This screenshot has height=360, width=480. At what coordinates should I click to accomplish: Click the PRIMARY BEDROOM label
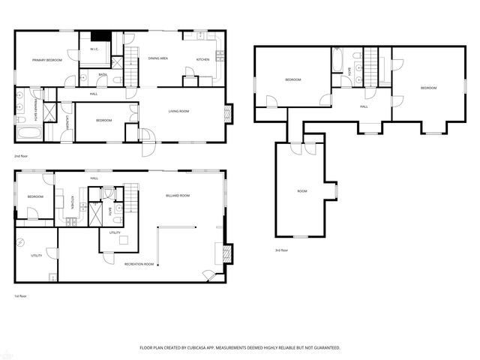[x=46, y=59]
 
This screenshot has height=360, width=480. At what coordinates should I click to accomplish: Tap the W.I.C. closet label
[x=94, y=49]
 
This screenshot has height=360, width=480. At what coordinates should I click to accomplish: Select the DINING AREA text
[x=157, y=58]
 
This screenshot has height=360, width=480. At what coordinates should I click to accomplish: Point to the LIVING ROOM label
[x=178, y=111]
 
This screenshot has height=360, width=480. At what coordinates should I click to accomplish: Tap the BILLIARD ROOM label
[x=178, y=195]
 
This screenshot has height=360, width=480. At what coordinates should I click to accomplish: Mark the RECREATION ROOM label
[x=139, y=264]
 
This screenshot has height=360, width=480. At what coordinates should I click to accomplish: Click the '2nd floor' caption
[x=21, y=156]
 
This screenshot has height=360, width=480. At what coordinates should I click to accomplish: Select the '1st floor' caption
[x=21, y=296]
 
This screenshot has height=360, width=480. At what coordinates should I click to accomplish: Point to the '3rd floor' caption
[x=281, y=250]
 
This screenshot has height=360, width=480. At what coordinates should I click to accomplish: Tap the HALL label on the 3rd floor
[x=364, y=106]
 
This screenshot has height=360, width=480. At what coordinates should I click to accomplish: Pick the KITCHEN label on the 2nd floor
[x=202, y=59]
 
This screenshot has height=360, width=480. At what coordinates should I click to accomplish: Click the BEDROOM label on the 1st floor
[x=35, y=196]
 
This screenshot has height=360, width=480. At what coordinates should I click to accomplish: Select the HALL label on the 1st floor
[x=94, y=178]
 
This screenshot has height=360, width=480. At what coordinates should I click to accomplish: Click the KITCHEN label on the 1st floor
[x=72, y=202]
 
